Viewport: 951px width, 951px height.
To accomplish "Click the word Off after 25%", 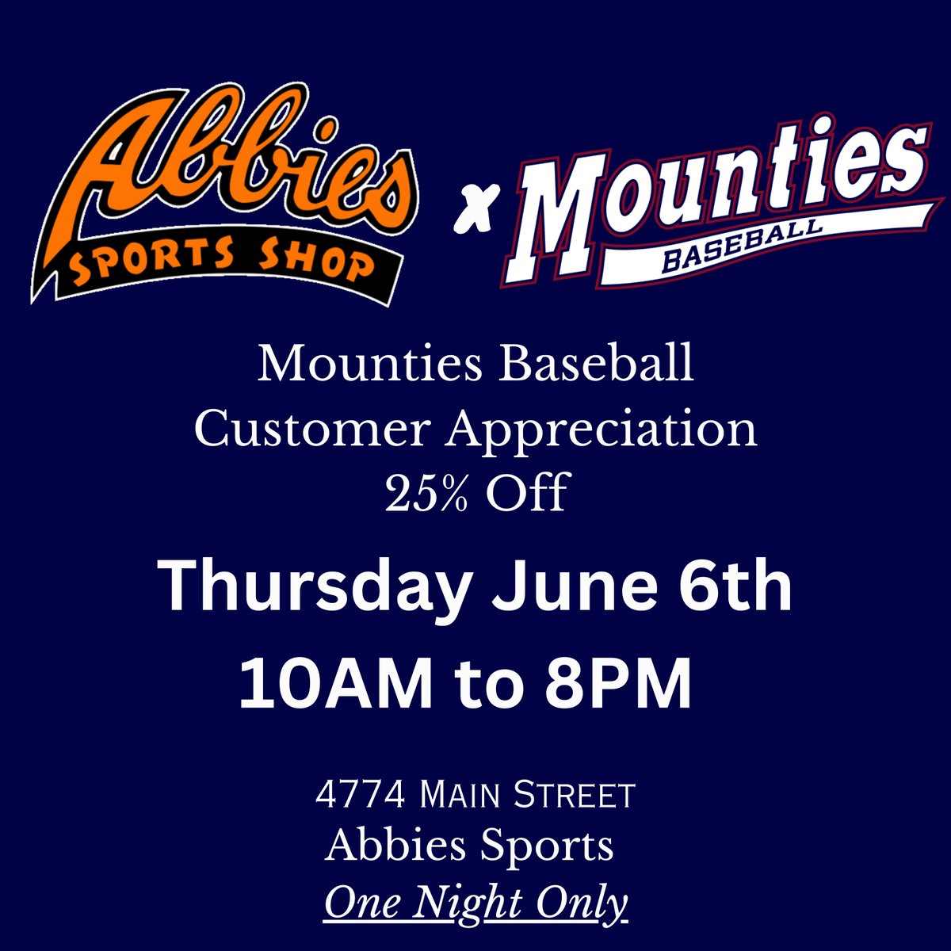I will point(527,493).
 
